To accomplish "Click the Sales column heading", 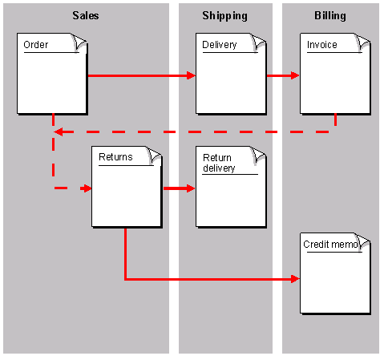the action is click(86, 15).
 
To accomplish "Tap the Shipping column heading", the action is click(224, 16).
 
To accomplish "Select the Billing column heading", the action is click(330, 16).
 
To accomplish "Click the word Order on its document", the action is click(36, 44).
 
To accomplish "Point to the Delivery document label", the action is click(220, 45).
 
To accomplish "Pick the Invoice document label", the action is click(322, 44).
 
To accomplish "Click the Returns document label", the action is click(115, 157).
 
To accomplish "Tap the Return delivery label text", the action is click(219, 163).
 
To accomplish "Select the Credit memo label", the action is click(331, 245).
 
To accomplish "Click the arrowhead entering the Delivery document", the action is click(192, 75).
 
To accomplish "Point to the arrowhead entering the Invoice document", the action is click(295, 75).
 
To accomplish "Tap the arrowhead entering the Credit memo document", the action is click(295, 279).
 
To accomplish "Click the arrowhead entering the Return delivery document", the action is click(191, 188).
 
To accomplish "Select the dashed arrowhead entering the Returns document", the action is click(87, 188).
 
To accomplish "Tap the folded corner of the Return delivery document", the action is click(258, 154).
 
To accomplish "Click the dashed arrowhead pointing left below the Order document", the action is click(59, 131).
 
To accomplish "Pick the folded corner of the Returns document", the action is click(154, 154).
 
